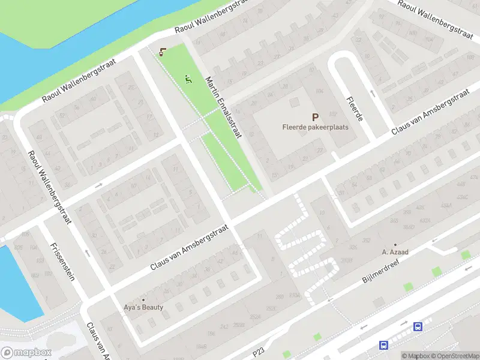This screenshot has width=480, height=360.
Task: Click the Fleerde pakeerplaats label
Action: coord(315,127)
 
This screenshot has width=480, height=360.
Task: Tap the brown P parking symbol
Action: coord(314,117)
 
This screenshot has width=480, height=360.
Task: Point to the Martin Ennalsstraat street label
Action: coord(223,107)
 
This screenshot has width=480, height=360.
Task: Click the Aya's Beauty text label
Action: coord(143,307)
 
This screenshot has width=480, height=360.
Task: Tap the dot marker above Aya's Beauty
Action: coord(143,299)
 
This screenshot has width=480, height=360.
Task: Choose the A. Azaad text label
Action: coord(395,252)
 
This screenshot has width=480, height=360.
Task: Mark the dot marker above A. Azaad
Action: coord(395,244)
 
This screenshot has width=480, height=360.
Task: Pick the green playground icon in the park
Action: coord(188,79)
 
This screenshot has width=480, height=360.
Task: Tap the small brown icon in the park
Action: coord(163,52)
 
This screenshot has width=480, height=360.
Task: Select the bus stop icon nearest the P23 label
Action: coord(383,345)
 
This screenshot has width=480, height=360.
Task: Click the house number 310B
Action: coord(347,260)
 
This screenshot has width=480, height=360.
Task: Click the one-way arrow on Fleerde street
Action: coord(372,94)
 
